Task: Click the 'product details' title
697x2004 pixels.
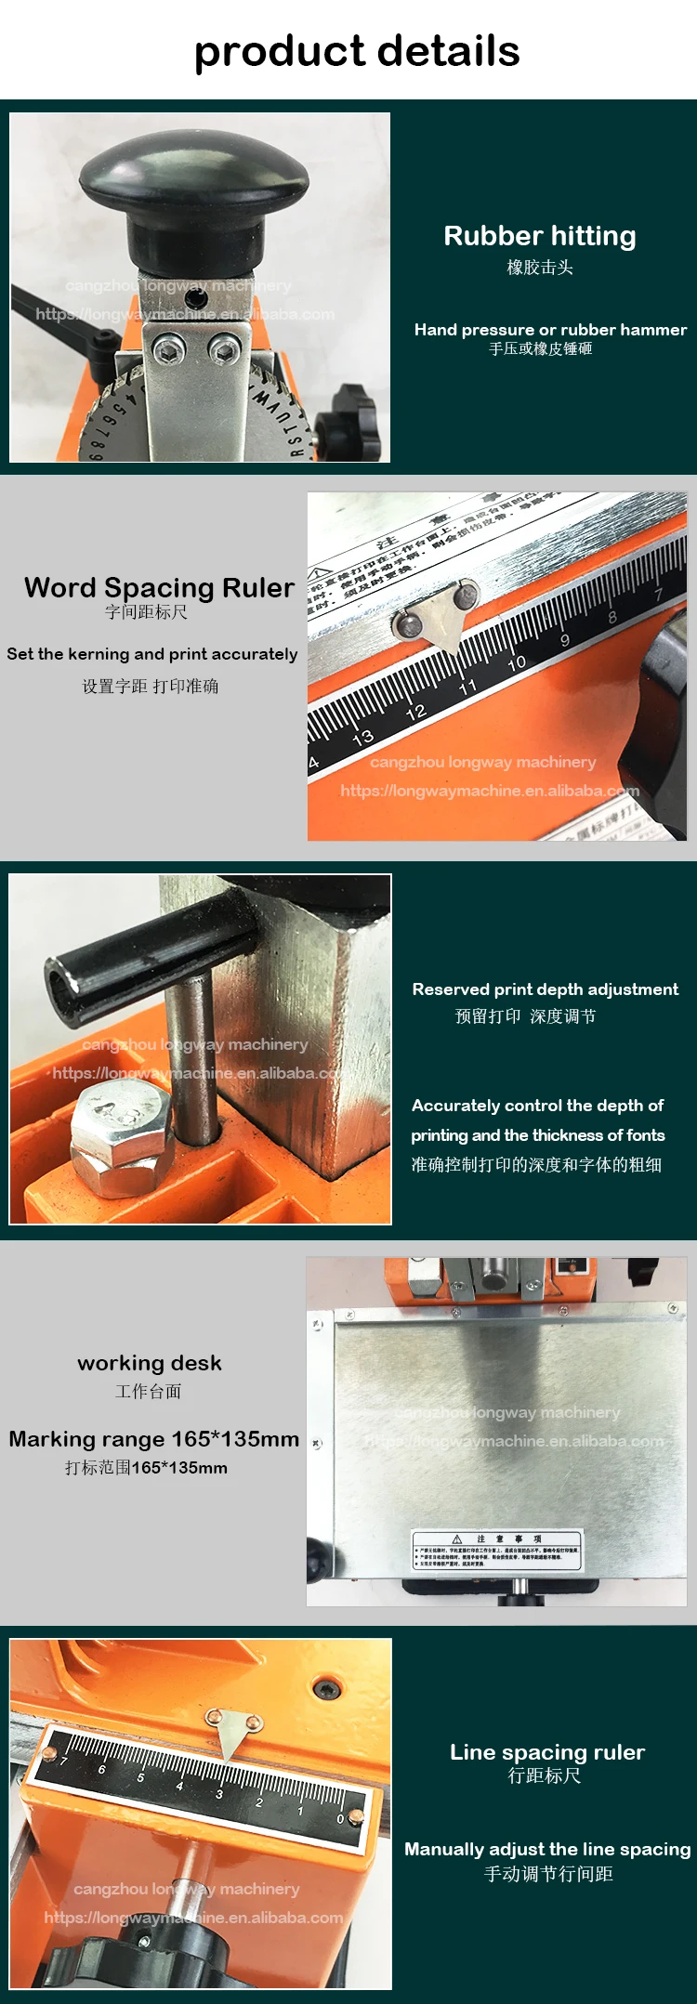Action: [356, 51]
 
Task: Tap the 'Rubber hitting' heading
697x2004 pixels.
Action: [540, 236]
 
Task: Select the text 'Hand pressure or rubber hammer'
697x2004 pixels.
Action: [550, 330]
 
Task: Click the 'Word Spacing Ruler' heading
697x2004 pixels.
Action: [159, 588]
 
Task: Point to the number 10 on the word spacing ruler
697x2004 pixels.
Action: [517, 662]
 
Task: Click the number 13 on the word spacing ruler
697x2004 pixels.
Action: [363, 737]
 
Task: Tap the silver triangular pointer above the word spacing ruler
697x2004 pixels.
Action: [441, 613]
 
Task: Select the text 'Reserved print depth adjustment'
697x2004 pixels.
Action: [546, 989]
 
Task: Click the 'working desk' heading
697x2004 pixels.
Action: [150, 1363]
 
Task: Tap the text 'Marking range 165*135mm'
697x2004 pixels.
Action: [154, 1439]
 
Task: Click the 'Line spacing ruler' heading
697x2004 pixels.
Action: [547, 1752]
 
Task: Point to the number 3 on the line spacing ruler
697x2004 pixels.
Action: [219, 1794]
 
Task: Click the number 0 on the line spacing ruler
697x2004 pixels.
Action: [340, 1818]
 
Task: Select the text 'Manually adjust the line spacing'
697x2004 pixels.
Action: [547, 1849]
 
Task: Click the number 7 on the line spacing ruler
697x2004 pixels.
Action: [63, 1761]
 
